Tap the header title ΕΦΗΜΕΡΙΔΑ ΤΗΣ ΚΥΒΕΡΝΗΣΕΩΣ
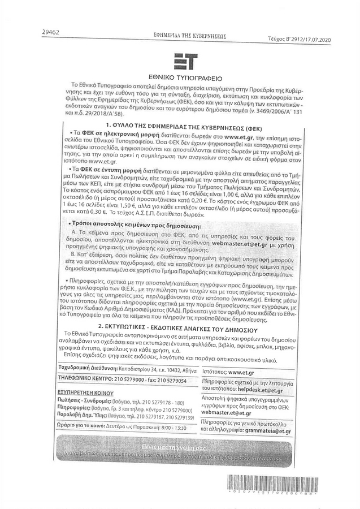[x=186, y=35]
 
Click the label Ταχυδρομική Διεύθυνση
[x=85, y=369]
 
